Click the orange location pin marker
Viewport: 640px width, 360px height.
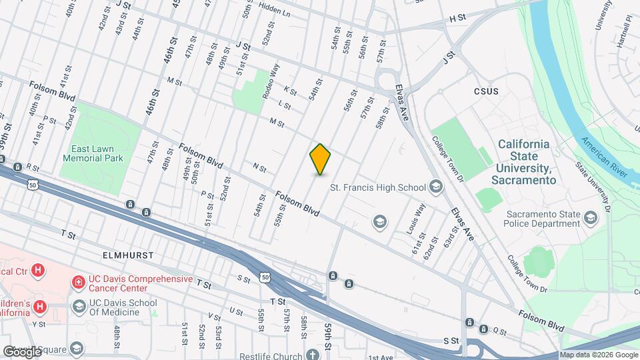tap(321, 159)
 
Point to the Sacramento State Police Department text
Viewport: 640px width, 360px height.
tap(543, 219)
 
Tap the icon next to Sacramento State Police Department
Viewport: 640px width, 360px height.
tap(591, 218)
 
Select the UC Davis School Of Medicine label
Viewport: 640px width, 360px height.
tap(123, 306)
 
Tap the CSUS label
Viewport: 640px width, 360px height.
tap(486, 91)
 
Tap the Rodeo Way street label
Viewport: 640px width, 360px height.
tap(270, 81)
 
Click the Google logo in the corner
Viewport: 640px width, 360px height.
tap(23, 351)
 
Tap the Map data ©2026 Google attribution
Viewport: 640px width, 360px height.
tap(598, 355)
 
